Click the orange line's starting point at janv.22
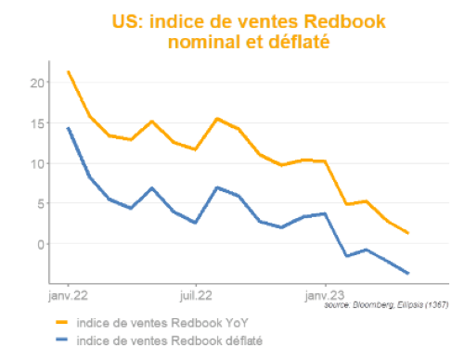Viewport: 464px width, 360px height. [x=69, y=71]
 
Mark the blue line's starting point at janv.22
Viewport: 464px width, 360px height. [x=69, y=128]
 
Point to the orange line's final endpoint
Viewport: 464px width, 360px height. [x=408, y=233]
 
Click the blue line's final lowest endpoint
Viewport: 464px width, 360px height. [x=408, y=273]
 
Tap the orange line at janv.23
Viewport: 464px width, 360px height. [x=325, y=161]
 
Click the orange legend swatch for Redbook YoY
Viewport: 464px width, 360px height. [x=64, y=323]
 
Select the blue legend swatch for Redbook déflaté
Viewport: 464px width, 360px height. [x=64, y=341]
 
